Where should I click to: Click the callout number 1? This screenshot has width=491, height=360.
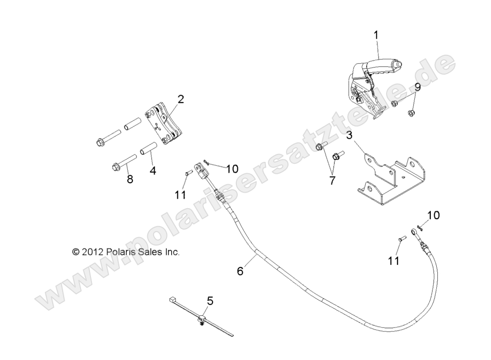[376, 35]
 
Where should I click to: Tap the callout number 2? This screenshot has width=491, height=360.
[180, 99]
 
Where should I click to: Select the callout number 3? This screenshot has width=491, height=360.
[349, 135]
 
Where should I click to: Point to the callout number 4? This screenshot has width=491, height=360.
[153, 170]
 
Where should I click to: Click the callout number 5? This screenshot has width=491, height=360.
[210, 300]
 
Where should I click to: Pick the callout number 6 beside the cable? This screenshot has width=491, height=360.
[240, 271]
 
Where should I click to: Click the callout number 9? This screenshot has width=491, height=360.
[417, 87]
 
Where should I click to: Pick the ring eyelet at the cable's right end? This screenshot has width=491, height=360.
[414, 232]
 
